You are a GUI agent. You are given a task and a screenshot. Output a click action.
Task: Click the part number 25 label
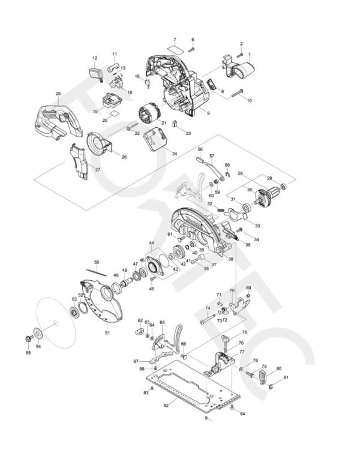(x=58, y=94)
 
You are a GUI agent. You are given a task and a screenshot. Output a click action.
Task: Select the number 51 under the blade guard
(x=107, y=332)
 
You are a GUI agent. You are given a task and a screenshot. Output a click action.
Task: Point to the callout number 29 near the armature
(x=269, y=178)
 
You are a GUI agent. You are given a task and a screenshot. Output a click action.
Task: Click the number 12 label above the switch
(x=95, y=58)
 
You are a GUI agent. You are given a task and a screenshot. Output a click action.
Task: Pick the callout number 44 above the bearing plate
(x=151, y=243)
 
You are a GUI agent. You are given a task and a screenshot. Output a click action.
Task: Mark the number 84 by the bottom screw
(x=242, y=414)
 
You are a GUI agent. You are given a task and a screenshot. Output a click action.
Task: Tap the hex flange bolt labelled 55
(x=28, y=340)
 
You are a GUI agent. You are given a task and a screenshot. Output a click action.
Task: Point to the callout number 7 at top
(x=175, y=40)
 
